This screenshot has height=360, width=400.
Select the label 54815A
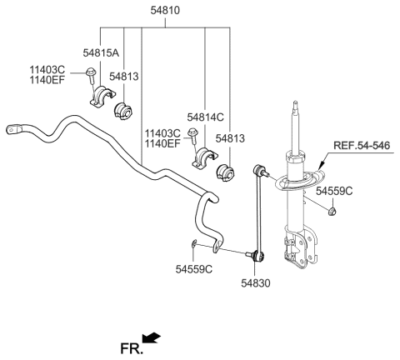(x=102, y=52)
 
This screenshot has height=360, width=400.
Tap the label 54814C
(x=206, y=117)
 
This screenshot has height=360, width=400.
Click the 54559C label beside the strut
(x=334, y=191)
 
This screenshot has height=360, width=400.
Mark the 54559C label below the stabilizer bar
(x=193, y=269)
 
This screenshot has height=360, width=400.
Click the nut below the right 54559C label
(x=331, y=212)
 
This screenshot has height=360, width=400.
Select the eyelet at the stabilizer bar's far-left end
(x=15, y=128)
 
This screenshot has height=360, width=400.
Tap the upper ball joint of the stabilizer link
(x=259, y=172)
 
